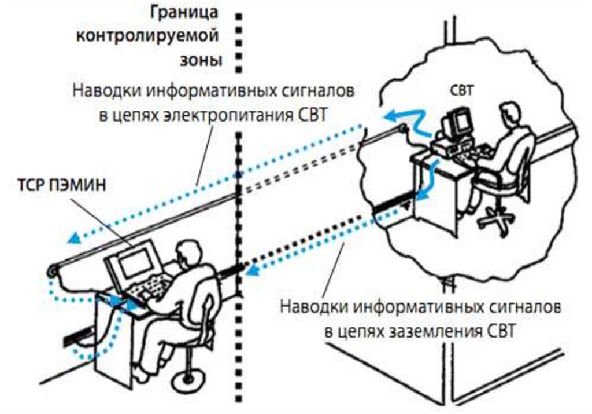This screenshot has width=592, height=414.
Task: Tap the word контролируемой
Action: (x=148, y=36)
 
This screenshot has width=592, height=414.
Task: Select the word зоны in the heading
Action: (x=198, y=60)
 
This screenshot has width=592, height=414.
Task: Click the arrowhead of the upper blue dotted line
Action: (x=72, y=238)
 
